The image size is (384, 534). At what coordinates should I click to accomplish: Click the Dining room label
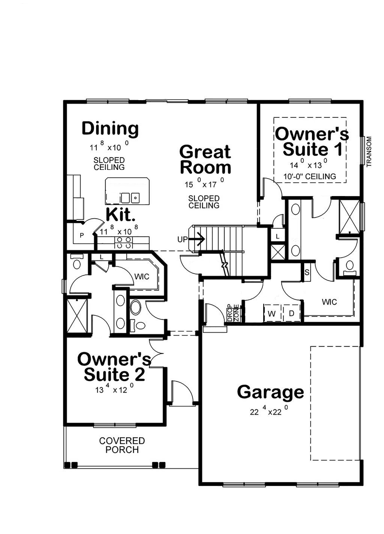(x=110, y=129)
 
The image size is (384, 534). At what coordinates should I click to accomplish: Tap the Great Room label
(x=205, y=159)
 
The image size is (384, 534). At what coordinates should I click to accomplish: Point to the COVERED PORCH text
(x=122, y=445)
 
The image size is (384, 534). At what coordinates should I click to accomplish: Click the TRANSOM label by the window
(x=369, y=151)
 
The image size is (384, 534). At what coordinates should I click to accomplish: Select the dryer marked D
(x=291, y=313)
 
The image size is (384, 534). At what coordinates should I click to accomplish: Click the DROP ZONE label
(x=233, y=313)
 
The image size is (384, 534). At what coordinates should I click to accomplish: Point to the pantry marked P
(x=82, y=236)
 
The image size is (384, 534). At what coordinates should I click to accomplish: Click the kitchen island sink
(x=130, y=198)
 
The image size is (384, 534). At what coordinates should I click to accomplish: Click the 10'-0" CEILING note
(x=310, y=177)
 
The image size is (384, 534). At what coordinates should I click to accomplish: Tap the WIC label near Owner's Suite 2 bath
(x=142, y=277)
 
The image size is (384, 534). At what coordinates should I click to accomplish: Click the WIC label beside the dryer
(x=329, y=302)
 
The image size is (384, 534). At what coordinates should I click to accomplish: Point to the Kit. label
(x=120, y=214)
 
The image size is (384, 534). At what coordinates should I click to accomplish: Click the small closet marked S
(x=307, y=272)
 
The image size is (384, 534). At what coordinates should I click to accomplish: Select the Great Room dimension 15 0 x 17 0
(x=204, y=183)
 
